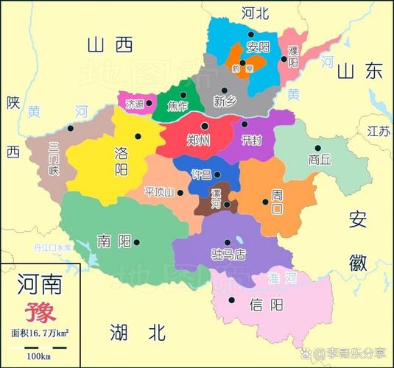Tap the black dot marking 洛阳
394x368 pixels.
137,135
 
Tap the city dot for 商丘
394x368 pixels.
318,148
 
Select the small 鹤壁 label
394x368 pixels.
237,67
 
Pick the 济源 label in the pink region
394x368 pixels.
135,103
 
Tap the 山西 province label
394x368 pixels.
109,46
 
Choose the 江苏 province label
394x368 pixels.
378,131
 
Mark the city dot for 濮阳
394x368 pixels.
284,59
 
